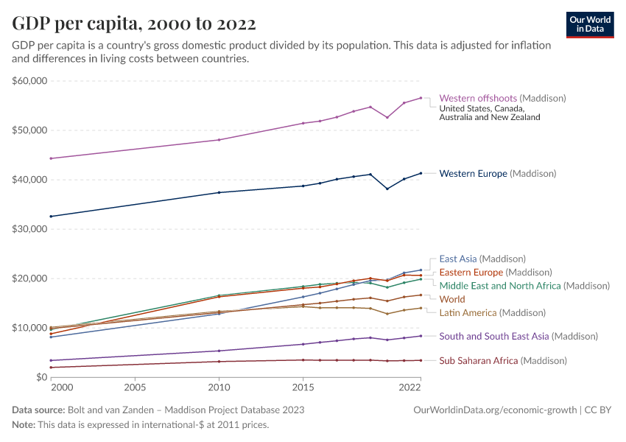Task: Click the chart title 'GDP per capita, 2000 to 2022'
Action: [134, 23]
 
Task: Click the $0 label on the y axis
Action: [41, 377]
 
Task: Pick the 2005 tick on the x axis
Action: [135, 387]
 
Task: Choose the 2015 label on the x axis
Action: [303, 387]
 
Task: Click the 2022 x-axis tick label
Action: [409, 387]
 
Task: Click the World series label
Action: [452, 300]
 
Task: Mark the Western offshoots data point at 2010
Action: [219, 140]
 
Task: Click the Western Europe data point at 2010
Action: [219, 192]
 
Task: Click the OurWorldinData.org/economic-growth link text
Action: [493, 410]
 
